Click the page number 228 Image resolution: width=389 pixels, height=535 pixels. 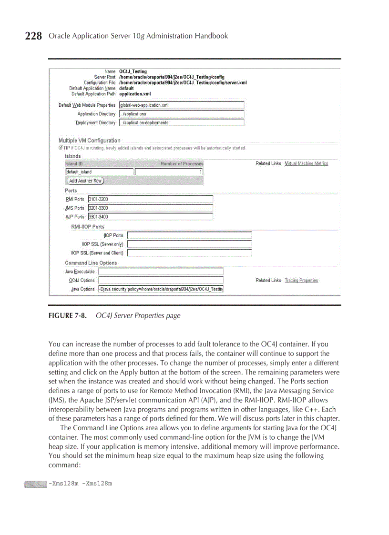pyautogui.click(x=33, y=36)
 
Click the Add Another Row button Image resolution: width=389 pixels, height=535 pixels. pyautogui.click(x=85, y=181)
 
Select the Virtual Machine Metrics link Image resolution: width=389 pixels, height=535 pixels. pyautogui.click(x=306, y=163)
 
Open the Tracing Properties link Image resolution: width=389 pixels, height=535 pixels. pyautogui.click(x=301, y=281)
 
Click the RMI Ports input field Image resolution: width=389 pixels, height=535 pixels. pyautogui.click(x=150, y=199)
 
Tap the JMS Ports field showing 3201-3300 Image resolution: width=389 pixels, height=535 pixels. pyautogui.click(x=150, y=208)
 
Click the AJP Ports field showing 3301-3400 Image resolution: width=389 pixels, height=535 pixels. pyautogui.click(x=150, y=217)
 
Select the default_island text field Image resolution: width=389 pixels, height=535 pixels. pyautogui.click(x=99, y=172)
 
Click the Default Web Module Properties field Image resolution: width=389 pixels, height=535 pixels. pyautogui.click(x=181, y=105)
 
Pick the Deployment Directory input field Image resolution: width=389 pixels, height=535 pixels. pyautogui.click(x=181, y=123)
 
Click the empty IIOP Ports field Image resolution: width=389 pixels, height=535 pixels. pyautogui.click(x=189, y=235)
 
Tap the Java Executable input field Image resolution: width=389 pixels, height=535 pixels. pyautogui.click(x=161, y=272)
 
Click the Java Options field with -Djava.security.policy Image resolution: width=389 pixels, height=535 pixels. pyautogui.click(x=161, y=289)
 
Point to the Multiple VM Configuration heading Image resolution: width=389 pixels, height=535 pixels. pyautogui.click(x=89, y=141)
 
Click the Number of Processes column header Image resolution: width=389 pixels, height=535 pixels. pyautogui.click(x=182, y=164)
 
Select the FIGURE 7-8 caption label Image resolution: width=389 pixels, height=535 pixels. pyautogui.click(x=67, y=316)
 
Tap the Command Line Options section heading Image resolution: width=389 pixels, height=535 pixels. pyautogui.click(x=91, y=263)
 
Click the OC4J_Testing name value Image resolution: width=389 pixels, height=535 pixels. pyautogui.click(x=133, y=71)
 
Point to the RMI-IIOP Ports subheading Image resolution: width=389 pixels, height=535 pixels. pyautogui.click(x=87, y=227)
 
